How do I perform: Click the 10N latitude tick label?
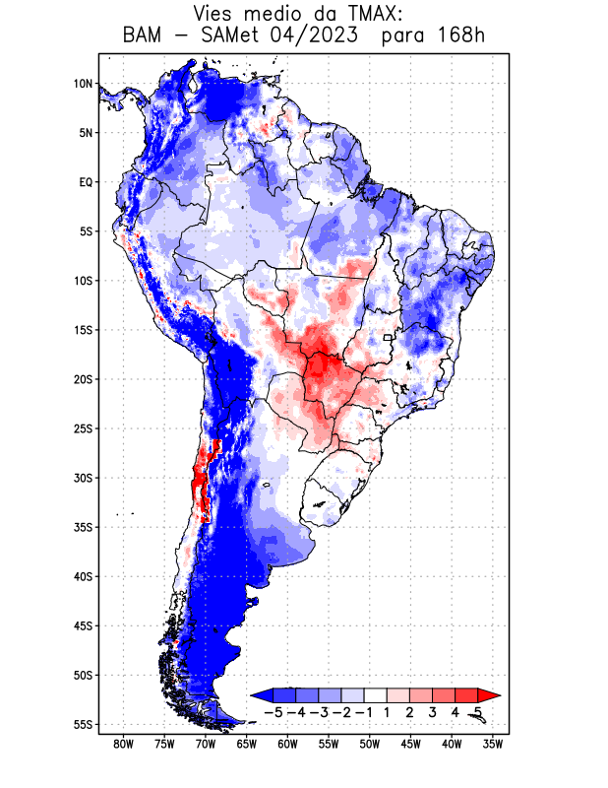[x=82, y=84]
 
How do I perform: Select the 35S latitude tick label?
[x=82, y=527]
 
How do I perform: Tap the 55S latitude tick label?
[x=82, y=725]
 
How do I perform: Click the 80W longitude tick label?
[x=124, y=744]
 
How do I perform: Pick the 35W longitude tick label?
[x=493, y=744]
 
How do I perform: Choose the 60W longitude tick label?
[x=288, y=744]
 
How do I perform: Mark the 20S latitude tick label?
[x=82, y=379]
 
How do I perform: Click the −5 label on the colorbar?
[x=274, y=711]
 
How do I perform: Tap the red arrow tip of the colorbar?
[x=489, y=694]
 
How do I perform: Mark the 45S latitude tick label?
[x=82, y=625]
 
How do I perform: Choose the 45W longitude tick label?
[x=411, y=744]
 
